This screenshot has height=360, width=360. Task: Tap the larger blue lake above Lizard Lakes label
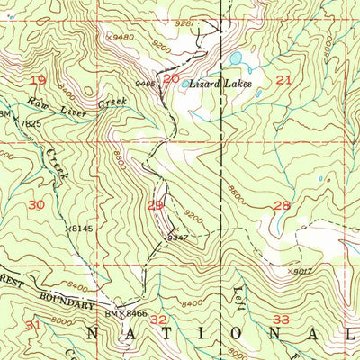click(x=236, y=59)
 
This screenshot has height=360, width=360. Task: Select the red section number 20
click(x=171, y=78)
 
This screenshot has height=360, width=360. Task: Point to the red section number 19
click(x=38, y=80)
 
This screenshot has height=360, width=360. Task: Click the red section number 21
click(x=283, y=80)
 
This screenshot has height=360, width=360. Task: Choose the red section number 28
click(x=282, y=205)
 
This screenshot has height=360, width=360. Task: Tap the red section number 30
click(x=36, y=204)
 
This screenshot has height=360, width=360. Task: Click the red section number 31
click(x=33, y=323)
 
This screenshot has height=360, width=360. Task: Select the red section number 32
click(x=159, y=319)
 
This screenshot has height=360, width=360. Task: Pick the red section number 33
click(x=282, y=319)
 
